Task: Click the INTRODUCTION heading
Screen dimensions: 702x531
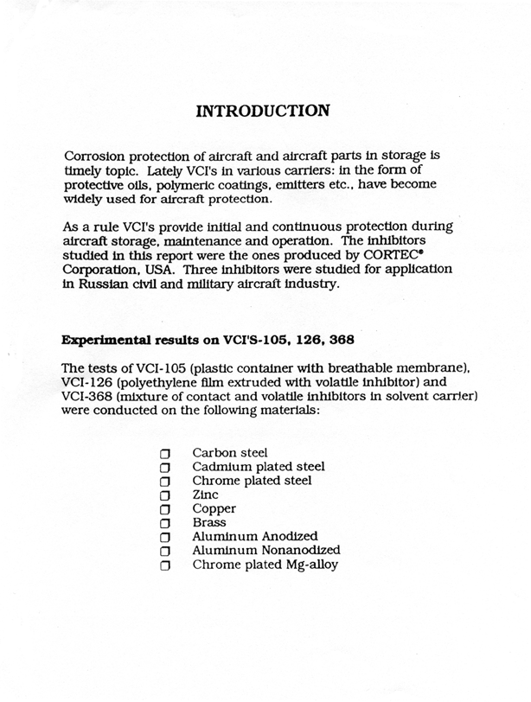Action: pyautogui.click(x=264, y=112)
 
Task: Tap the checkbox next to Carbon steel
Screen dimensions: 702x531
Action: pyautogui.click(x=165, y=453)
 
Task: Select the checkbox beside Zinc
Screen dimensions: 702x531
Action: pyautogui.click(x=165, y=495)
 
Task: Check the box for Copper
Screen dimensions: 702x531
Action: pyautogui.click(x=165, y=509)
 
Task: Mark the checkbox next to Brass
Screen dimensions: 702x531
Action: pyautogui.click(x=165, y=523)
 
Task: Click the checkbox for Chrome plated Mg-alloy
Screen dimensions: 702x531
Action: pyautogui.click(x=165, y=565)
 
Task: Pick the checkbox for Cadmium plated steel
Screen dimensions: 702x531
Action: pyautogui.click(x=165, y=467)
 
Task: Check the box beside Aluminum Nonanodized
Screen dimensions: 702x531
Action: pyautogui.click(x=165, y=552)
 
